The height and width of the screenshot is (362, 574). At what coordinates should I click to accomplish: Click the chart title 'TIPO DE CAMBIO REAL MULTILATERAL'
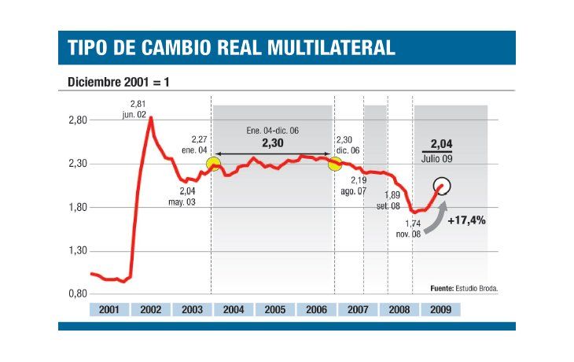coord(232,48)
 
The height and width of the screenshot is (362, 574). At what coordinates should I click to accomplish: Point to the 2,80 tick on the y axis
coord(75,120)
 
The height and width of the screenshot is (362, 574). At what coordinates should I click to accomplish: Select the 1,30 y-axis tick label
coord(75,251)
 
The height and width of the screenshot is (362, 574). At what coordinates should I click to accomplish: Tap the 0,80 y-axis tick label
coord(75,294)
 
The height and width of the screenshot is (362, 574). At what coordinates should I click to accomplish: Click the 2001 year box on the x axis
coord(109,309)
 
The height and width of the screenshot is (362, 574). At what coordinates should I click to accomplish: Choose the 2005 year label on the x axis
coord(274,309)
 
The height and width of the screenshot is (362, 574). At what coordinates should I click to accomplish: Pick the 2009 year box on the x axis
coord(440,309)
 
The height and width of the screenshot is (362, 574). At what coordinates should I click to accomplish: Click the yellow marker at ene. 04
coord(213,164)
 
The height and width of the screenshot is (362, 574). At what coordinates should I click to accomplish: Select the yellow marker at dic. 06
coord(334,164)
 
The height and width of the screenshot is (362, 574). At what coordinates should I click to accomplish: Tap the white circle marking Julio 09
coord(443,186)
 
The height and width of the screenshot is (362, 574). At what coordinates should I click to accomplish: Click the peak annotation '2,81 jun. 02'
coord(138,108)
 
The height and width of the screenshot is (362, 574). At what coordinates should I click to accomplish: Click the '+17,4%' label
coord(466,220)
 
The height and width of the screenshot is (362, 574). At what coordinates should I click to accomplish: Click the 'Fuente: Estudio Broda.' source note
coord(464,288)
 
